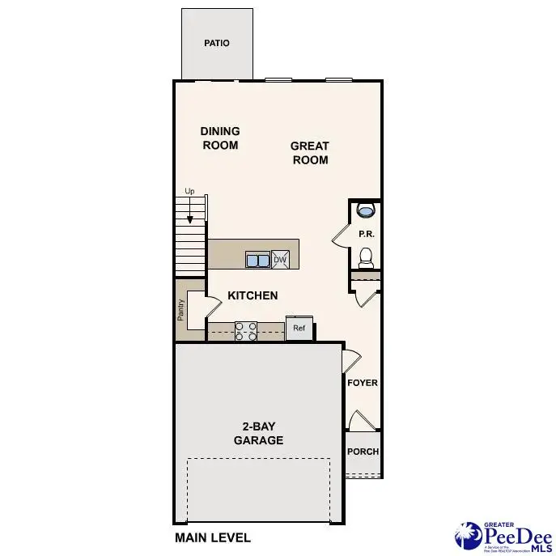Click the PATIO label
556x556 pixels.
tap(216, 43)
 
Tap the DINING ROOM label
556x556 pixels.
tap(220, 138)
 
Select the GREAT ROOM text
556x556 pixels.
tap(310, 153)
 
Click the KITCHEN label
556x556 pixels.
tap(253, 296)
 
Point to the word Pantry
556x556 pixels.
tap(181, 311)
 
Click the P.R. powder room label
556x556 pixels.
tap(366, 234)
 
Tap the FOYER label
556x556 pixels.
tap(362, 383)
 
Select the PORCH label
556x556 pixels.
tap(363, 452)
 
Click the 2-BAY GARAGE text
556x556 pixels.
tap(258, 433)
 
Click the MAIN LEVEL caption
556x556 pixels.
tap(213, 537)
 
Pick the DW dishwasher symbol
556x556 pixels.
tap(280, 259)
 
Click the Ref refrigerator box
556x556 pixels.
tap(299, 329)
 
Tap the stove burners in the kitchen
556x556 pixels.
tap(245, 330)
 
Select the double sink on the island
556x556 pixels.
tap(257, 260)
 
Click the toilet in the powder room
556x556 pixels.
tap(365, 257)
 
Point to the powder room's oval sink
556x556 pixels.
tap(366, 211)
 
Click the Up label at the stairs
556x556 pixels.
tap(190, 192)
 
